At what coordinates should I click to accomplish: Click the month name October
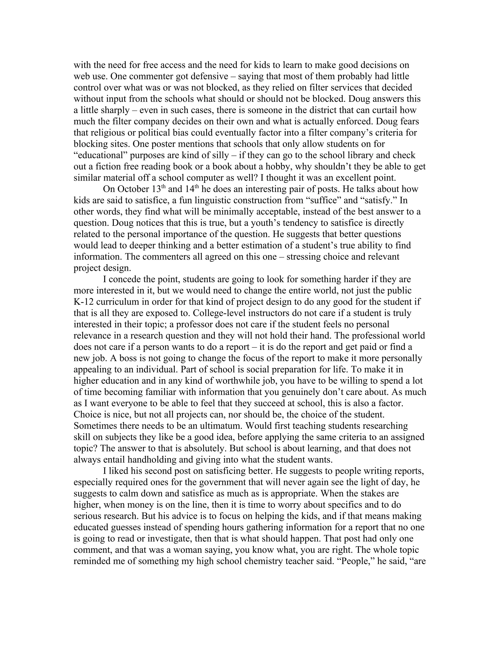[x=135, y=189]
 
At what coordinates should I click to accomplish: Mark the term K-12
[x=83, y=302]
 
